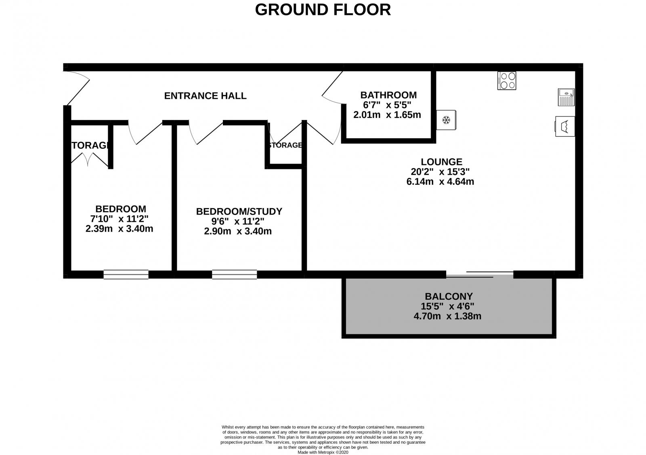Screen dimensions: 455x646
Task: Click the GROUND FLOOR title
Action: [x=323, y=10]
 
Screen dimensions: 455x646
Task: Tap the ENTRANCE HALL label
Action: [x=205, y=96]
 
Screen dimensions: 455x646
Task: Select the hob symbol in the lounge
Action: [x=507, y=80]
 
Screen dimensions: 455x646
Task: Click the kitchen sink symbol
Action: [x=566, y=97]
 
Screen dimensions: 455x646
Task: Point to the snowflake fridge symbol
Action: [x=446, y=120]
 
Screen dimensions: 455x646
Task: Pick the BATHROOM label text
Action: [x=388, y=95]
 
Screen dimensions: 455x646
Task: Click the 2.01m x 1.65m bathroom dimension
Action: [x=387, y=115]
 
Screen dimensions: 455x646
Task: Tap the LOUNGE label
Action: [x=441, y=162]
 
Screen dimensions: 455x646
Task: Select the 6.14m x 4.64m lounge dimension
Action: [x=440, y=181]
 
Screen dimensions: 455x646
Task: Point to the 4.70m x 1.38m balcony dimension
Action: [x=447, y=316]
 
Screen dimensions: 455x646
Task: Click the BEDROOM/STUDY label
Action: [x=239, y=211]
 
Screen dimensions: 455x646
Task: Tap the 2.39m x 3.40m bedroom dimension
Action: [x=119, y=229]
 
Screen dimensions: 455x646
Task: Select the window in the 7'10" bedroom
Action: [x=126, y=274]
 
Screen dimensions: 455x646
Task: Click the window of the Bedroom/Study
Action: [x=234, y=274]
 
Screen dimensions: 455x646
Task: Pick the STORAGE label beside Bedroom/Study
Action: [x=286, y=145]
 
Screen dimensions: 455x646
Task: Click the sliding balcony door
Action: [x=480, y=274]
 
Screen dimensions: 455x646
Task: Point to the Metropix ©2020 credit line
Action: [x=323, y=452]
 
